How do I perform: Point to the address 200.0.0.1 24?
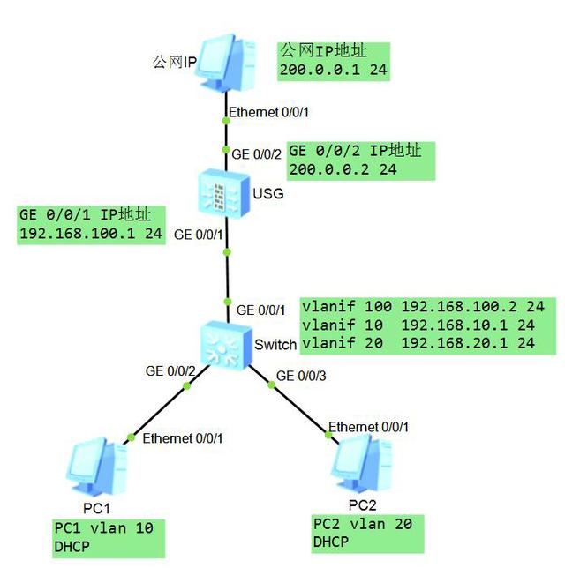(334, 69)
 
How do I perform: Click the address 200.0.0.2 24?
(343, 169)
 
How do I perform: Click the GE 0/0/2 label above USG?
(256, 154)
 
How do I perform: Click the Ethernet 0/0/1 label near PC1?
(183, 437)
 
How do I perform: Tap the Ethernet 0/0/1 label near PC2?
(368, 427)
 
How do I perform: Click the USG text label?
(268, 193)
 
